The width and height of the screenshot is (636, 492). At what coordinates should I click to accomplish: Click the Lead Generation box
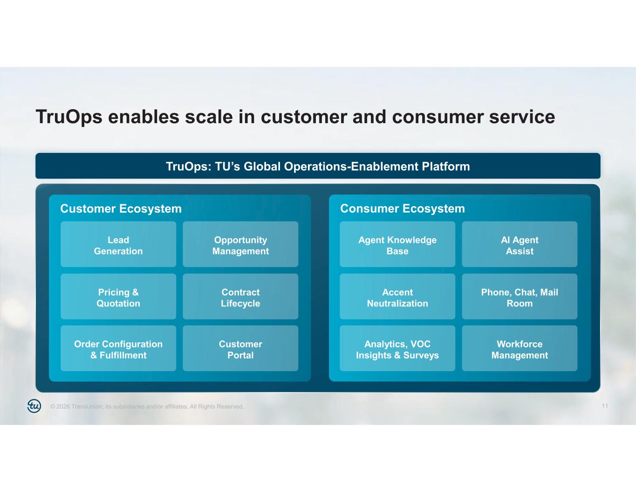click(118, 244)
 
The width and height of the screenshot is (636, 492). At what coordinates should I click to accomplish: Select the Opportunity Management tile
click(240, 244)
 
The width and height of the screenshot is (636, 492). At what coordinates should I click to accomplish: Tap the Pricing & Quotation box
click(118, 297)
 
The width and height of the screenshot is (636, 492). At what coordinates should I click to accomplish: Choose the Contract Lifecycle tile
click(240, 297)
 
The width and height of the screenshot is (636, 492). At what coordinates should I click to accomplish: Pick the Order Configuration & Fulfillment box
click(118, 348)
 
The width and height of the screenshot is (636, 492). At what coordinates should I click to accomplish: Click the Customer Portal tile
click(240, 348)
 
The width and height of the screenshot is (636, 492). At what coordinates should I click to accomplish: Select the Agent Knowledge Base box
click(397, 244)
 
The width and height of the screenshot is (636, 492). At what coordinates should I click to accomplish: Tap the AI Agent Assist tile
click(520, 244)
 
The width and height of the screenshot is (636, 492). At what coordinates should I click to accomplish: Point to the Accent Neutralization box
click(397, 297)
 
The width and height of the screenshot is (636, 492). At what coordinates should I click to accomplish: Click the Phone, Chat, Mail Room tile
click(520, 297)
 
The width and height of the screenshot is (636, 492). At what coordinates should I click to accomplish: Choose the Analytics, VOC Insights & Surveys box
click(397, 348)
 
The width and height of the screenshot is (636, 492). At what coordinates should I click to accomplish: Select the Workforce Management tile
click(520, 348)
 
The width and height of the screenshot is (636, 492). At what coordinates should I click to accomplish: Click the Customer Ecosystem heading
click(121, 209)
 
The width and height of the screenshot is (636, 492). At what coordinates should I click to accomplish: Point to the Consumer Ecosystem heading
click(403, 209)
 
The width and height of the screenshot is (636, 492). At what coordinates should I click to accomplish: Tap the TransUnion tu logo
click(34, 406)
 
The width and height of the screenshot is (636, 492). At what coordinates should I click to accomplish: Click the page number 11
click(605, 406)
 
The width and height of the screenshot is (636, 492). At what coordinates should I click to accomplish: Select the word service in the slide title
click(522, 117)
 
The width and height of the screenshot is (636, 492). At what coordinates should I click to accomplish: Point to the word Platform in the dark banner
click(446, 166)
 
